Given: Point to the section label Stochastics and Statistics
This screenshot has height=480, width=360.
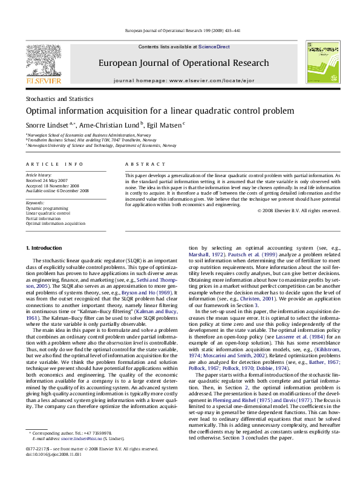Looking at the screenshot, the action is (56, 98).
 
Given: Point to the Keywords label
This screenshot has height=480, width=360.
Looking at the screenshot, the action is (36, 202).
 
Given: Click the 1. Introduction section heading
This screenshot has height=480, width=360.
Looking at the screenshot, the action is (42, 248).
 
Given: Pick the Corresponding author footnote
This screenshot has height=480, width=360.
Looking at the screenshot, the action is (66, 452).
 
